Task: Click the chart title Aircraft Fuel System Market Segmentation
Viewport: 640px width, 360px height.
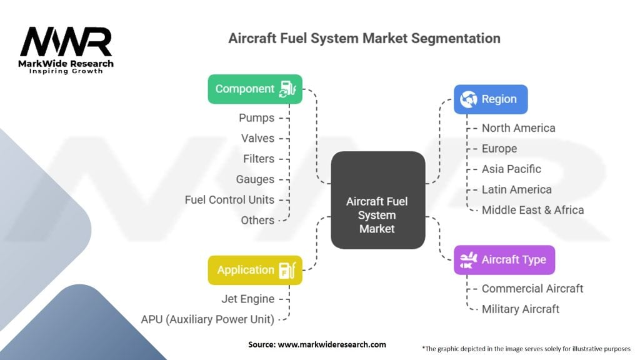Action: coord(364,38)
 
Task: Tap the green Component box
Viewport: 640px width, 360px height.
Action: coord(255,89)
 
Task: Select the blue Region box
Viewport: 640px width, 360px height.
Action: coord(490,99)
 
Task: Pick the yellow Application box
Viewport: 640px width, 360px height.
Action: coord(255,270)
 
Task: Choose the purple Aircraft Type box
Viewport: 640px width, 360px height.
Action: coord(504,260)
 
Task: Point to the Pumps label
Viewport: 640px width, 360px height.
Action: coord(256,117)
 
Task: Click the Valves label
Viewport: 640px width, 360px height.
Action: coord(257,138)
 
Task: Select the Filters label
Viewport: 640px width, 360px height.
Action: coord(258,159)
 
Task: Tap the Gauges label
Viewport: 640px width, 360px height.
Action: coord(255,179)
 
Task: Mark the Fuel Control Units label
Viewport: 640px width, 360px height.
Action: coord(229,200)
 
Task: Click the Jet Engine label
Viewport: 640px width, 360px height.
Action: coord(247,299)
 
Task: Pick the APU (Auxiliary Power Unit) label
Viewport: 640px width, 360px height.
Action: coord(207,319)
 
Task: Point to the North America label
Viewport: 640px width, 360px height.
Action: coord(518,128)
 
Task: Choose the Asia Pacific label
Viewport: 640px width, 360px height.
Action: coord(511,169)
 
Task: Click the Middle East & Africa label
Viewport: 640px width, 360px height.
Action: coord(532,210)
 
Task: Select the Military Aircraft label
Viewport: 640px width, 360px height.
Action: coord(521,309)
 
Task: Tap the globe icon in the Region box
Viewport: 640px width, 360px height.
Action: coord(468,99)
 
